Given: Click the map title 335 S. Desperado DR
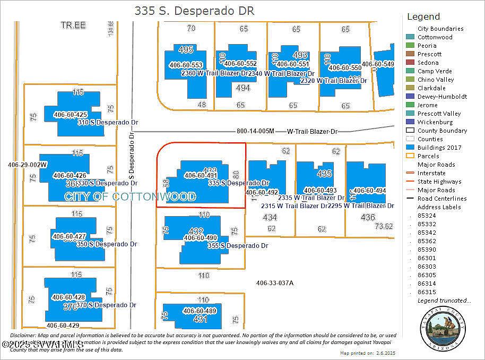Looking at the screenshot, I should pyautogui.click(x=194, y=11).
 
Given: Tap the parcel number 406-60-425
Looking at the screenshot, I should pyautogui.click(x=70, y=115).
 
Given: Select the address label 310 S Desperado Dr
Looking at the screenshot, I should pyautogui.click(x=108, y=123).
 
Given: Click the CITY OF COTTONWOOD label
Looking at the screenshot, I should pyautogui.click(x=130, y=196).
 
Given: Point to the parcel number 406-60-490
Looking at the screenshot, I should pyautogui.click(x=201, y=238).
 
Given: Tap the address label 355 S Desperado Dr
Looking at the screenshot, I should pyautogui.click(x=238, y=246).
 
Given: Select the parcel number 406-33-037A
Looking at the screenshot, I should pyautogui.click(x=274, y=283).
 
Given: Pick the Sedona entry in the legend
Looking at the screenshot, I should pyautogui.click(x=428, y=63).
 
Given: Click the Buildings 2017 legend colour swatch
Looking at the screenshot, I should pyautogui.click(x=410, y=148).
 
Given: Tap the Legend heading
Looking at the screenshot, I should pyautogui.click(x=423, y=16).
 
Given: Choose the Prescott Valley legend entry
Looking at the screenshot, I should pyautogui.click(x=439, y=114).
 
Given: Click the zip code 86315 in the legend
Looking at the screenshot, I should pyautogui.click(x=427, y=292).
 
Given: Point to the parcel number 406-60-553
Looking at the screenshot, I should pyautogui.click(x=186, y=65).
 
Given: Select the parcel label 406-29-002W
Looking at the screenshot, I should pyautogui.click(x=28, y=165).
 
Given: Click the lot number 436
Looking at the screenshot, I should pyautogui.click(x=367, y=217).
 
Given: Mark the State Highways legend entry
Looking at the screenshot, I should pyautogui.click(x=439, y=182).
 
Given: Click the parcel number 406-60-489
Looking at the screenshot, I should pyautogui.click(x=200, y=311).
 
